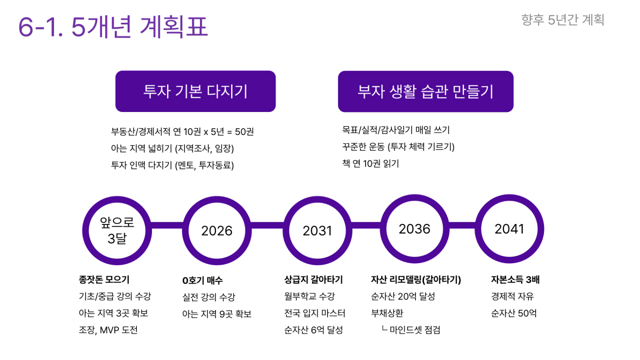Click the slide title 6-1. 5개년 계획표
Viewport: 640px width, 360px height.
113,27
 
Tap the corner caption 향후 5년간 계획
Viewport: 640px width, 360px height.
563,20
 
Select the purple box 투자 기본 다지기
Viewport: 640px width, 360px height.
195,91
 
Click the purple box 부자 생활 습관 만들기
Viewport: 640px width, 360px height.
426,91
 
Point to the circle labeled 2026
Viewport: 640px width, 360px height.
217,231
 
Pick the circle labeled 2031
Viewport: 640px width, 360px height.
317,231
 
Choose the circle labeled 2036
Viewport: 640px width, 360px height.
415,229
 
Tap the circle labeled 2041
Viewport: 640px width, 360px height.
509,229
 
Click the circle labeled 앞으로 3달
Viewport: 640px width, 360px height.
117,231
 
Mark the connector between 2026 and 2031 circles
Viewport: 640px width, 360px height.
267,225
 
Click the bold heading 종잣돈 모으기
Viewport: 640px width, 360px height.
104,280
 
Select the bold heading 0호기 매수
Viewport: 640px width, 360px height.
203,280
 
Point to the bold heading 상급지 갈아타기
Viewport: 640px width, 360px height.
314,280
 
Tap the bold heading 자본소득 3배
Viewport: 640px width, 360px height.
515,280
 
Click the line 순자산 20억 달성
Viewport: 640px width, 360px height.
403,296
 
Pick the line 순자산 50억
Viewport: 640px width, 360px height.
514,313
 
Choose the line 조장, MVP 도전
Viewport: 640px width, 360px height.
108,330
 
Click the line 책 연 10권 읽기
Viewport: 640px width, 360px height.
371,164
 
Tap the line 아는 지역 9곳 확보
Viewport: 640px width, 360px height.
217,314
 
